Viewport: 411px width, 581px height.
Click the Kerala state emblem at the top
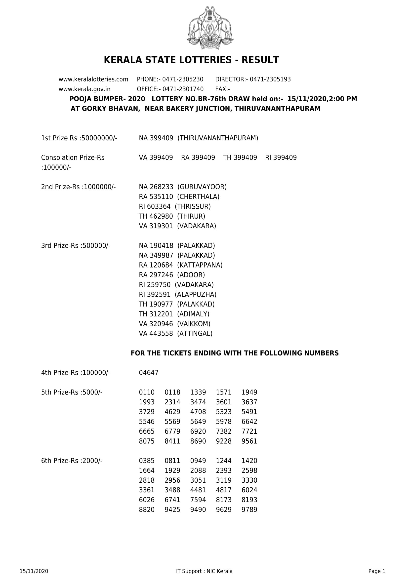[x=210, y=28]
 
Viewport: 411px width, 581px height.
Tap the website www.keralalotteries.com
[x=93, y=79]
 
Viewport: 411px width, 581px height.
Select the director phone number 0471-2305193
[x=270, y=79]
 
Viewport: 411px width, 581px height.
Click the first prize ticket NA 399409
[x=156, y=138]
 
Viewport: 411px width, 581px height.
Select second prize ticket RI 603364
[x=155, y=206]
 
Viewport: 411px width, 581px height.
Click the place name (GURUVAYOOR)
[x=202, y=187]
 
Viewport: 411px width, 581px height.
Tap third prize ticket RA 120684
[x=156, y=265]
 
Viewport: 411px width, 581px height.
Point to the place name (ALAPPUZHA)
[x=195, y=295]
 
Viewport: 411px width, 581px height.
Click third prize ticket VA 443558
[x=156, y=334]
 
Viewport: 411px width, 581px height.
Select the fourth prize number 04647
[x=149, y=373]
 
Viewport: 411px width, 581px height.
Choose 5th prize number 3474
[x=198, y=402]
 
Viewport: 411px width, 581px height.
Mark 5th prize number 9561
[x=249, y=441]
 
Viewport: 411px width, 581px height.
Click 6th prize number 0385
[x=147, y=461]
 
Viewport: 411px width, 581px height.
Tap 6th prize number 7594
[x=198, y=500]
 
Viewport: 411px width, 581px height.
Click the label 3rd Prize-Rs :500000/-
[x=76, y=246]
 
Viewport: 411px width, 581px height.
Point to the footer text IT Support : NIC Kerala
[x=204, y=571]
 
